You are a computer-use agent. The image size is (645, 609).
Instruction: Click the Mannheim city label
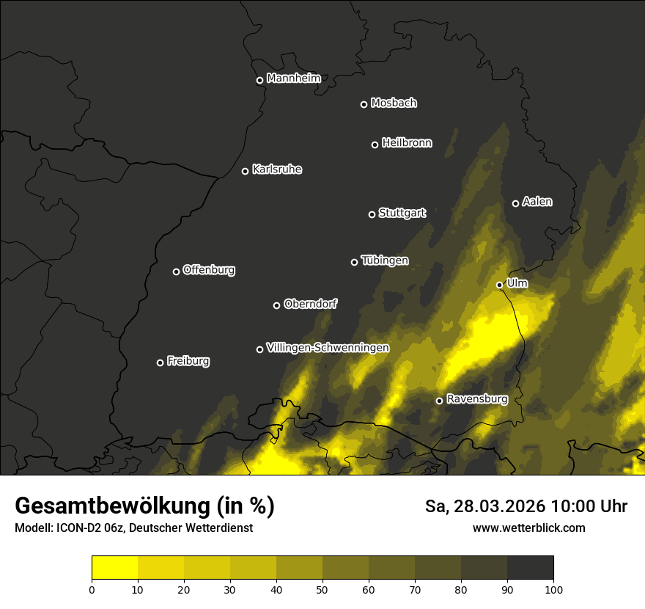[x=293, y=79]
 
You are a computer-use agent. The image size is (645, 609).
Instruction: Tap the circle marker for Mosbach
[x=364, y=104]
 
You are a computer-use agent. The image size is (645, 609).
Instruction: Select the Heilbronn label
[x=407, y=143]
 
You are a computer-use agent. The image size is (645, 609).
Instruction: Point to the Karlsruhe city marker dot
[x=245, y=171]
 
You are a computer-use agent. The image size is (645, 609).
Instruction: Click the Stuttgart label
[x=402, y=214]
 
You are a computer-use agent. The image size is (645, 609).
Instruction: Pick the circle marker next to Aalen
[x=515, y=203]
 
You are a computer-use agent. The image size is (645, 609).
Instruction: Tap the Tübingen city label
[x=385, y=260]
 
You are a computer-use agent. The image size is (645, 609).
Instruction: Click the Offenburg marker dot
[x=176, y=271]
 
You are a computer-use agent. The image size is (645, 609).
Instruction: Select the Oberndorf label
[x=310, y=304]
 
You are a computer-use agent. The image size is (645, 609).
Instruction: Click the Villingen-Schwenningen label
[x=328, y=348]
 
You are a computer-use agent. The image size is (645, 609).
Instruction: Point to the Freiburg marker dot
[x=160, y=362]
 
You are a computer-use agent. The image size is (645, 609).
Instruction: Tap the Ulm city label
[x=517, y=283]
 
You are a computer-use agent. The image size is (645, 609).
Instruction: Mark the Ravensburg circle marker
[x=439, y=401]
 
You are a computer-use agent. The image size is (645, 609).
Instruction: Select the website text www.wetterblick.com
[x=528, y=528]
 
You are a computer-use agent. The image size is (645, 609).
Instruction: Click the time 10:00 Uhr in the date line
[x=588, y=506]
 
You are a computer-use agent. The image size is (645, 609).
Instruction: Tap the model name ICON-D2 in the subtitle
[x=79, y=528]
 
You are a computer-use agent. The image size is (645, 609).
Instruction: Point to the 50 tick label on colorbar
[x=322, y=589]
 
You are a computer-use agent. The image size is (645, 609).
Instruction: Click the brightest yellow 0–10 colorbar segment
[x=114, y=568]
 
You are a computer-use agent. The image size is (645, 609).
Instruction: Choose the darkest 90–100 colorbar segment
[x=530, y=568]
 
